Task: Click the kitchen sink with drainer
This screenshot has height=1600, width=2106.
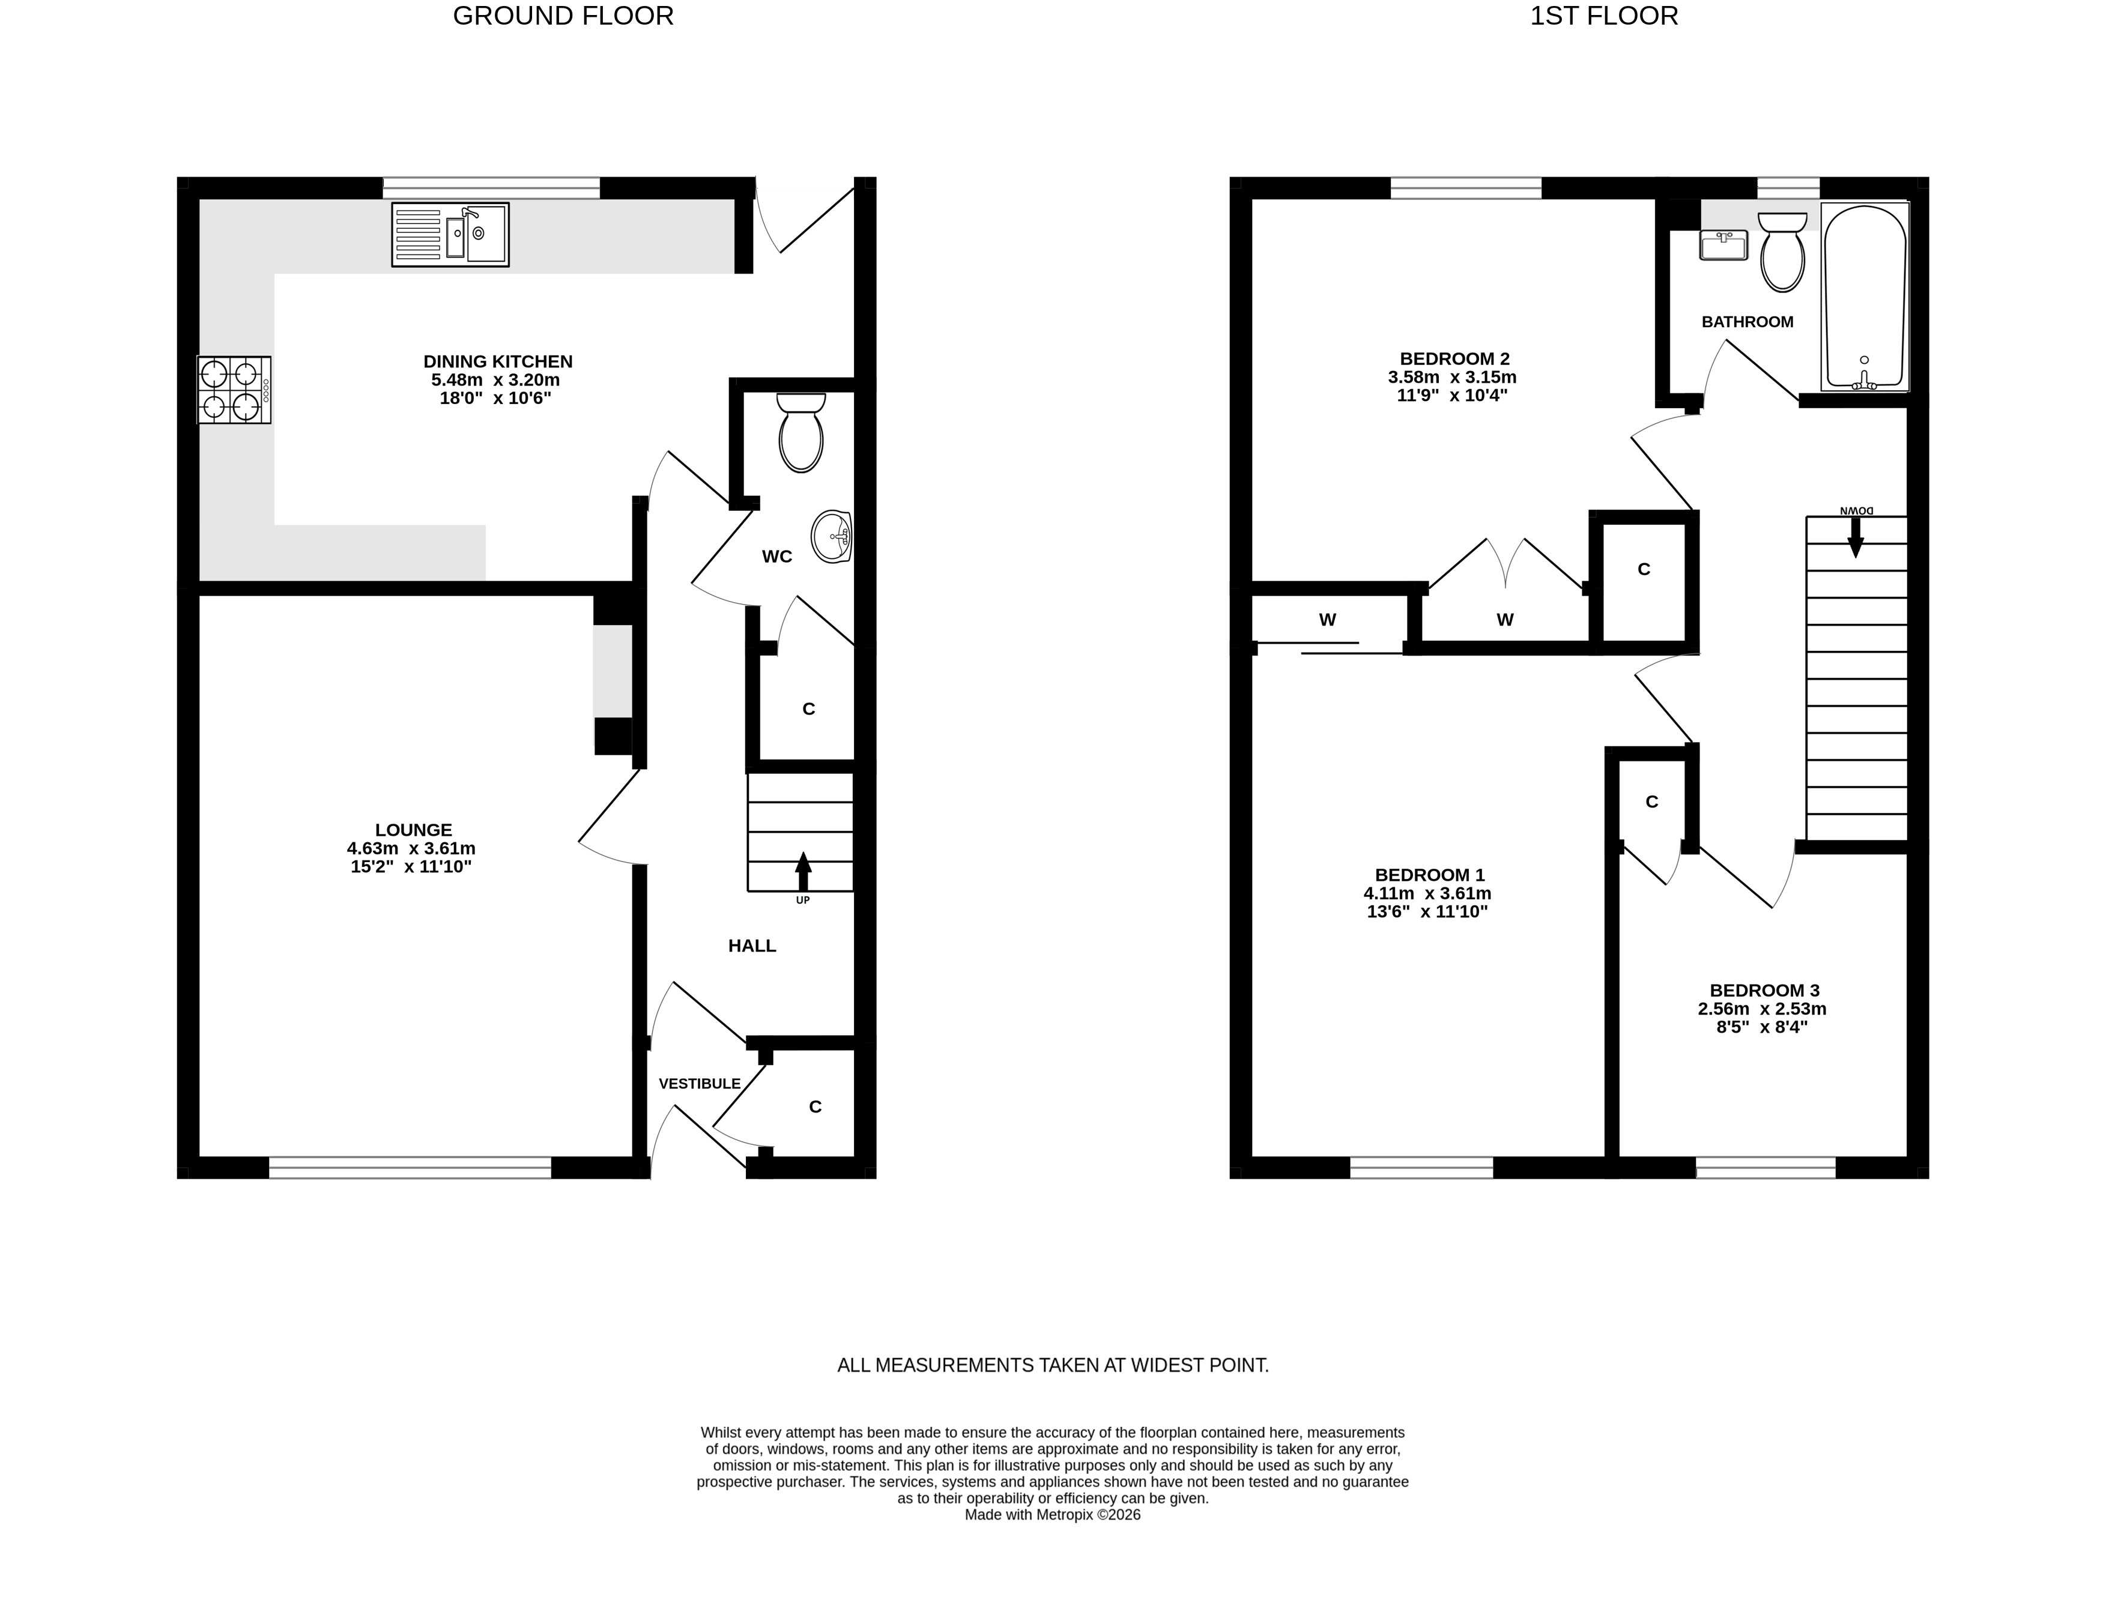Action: tap(450, 234)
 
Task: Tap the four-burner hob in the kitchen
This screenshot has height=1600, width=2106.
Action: tap(234, 390)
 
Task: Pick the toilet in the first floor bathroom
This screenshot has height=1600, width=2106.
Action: tap(1782, 252)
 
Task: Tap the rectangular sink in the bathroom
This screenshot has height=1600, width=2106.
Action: tap(1724, 246)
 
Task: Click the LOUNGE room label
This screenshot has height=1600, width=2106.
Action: tap(413, 830)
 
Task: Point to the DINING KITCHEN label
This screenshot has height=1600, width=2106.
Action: tap(498, 362)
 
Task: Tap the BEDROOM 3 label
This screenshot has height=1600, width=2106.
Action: tap(1764, 991)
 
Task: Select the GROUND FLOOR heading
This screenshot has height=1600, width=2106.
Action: tap(563, 16)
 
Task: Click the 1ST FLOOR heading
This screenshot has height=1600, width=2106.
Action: tap(1604, 16)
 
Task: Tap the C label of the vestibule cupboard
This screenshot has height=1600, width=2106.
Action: tap(815, 1106)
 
